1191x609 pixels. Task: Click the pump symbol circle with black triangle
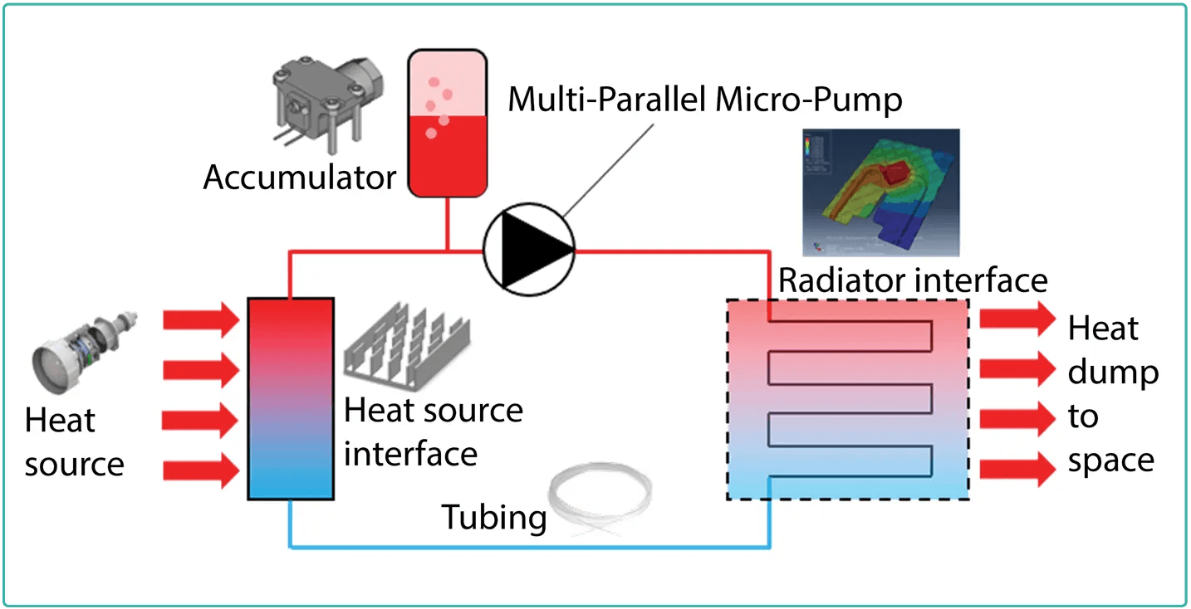528,247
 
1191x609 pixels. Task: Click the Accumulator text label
300,178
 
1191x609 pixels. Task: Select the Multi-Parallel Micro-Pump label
704,100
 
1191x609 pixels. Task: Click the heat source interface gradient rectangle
291,398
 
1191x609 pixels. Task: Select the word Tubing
493,517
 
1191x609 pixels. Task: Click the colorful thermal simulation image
880,192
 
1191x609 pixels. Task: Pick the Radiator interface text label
912,280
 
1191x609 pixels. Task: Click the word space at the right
1110,461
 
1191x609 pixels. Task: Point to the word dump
1113,373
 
